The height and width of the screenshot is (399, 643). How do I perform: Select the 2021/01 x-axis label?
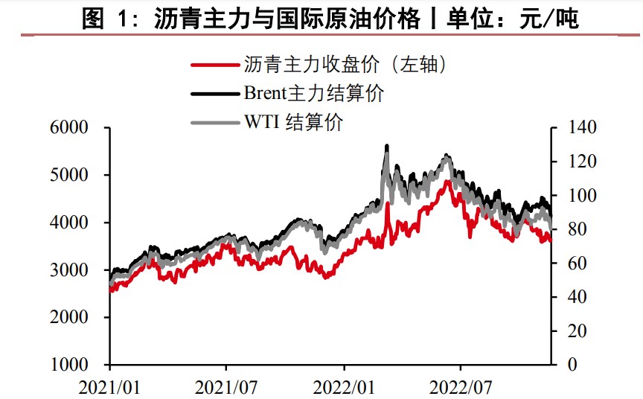point(111,387)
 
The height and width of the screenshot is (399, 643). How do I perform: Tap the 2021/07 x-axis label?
point(227,387)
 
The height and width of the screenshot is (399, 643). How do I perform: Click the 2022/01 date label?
point(345,387)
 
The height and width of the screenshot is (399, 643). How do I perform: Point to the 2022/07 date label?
point(461,387)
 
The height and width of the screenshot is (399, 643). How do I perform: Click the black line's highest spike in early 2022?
point(387,147)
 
